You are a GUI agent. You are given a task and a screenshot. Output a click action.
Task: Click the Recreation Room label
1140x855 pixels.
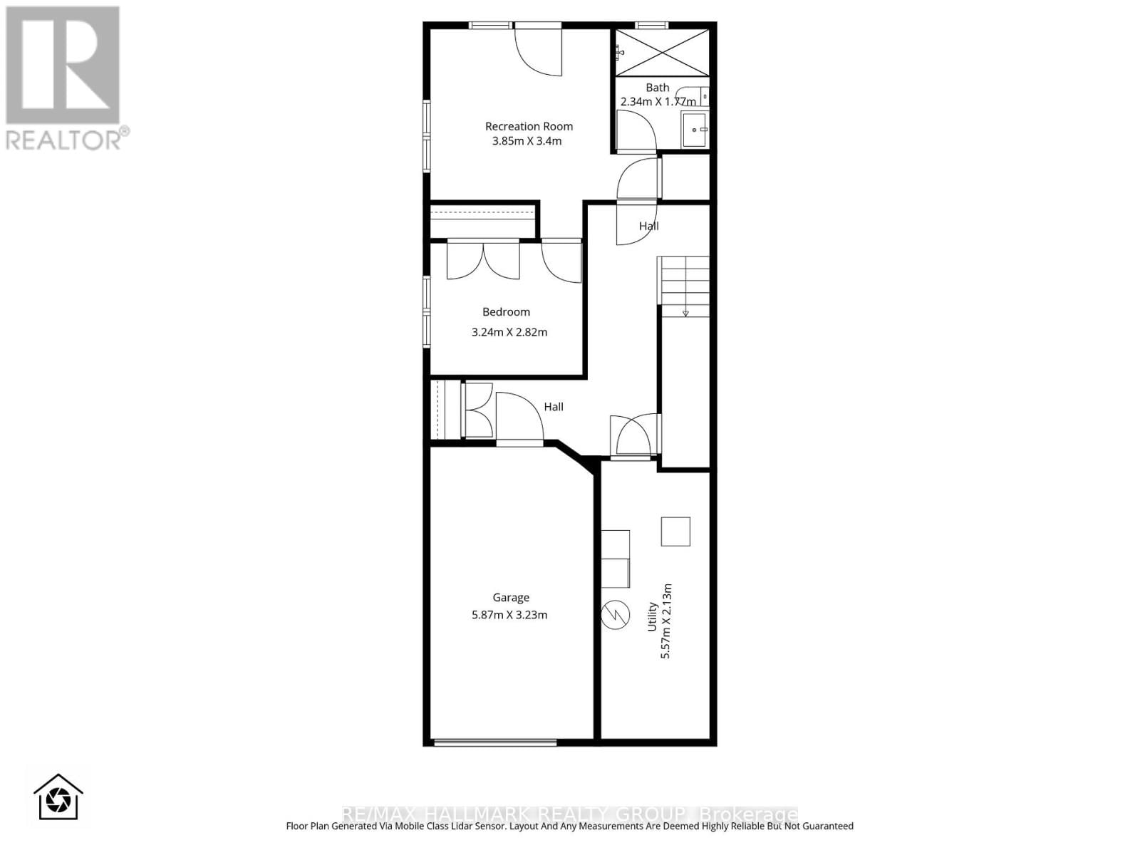[529, 126]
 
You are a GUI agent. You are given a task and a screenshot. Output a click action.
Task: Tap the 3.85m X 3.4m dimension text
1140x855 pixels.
[527, 141]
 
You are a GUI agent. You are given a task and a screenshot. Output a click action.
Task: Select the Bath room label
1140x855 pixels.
[657, 88]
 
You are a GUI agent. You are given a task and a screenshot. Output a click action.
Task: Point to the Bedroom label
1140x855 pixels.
[506, 311]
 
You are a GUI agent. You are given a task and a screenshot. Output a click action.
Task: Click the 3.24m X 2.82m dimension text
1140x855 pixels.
[509, 332]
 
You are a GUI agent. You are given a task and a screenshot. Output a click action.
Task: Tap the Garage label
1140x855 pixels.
[511, 598]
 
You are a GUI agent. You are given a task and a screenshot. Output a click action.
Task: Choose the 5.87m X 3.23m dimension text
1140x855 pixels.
[509, 615]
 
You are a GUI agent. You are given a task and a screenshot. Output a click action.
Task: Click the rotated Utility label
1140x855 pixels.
[651, 617]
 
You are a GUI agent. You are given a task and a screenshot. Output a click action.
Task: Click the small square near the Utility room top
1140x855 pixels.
[675, 532]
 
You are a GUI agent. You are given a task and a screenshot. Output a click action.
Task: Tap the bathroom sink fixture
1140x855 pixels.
[695, 130]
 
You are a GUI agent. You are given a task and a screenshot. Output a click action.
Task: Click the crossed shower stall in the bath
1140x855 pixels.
[662, 52]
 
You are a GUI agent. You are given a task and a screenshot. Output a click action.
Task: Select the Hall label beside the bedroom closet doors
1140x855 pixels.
[554, 407]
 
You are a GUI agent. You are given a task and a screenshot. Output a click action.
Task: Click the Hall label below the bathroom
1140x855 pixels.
[648, 226]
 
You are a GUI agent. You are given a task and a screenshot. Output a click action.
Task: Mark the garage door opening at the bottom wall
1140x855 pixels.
[495, 743]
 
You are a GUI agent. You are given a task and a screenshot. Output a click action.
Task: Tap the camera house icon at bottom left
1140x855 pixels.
[58, 797]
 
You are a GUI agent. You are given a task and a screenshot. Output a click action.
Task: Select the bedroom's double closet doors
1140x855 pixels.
[483, 261]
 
